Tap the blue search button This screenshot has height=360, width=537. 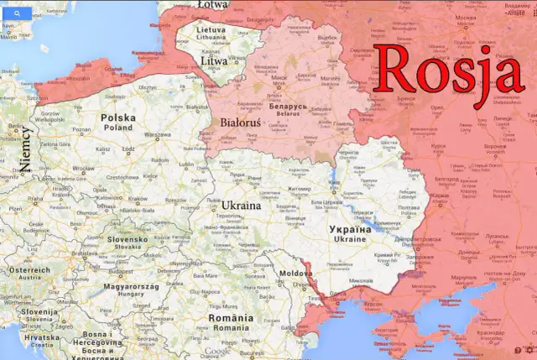coord(17,15)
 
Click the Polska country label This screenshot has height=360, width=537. coord(117,118)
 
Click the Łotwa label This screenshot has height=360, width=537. coord(212,4)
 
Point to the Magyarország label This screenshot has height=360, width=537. coord(131,286)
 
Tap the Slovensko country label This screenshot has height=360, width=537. coord(127,238)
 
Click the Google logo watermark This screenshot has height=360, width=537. coord(216,351)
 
